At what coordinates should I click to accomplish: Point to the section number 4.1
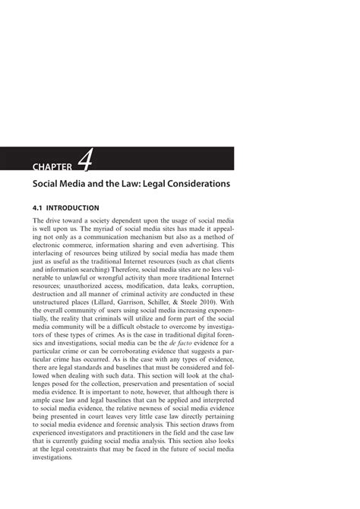pyautogui.click(x=39, y=207)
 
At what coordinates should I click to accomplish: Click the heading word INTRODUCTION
pyautogui.click(x=73, y=207)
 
